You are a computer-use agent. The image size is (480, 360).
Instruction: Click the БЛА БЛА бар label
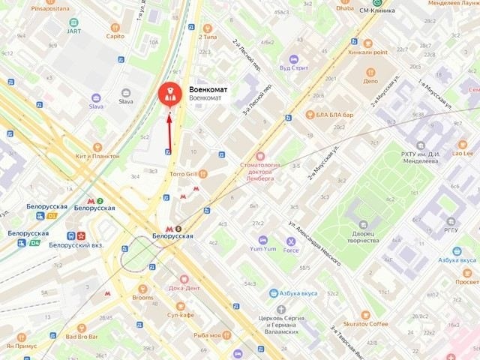[334, 115]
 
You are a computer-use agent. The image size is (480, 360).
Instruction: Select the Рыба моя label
[206, 334]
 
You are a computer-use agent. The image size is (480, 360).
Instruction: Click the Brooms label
[142, 298]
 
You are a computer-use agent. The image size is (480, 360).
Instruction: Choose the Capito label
[115, 36]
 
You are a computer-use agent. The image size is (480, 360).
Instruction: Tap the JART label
[74, 31]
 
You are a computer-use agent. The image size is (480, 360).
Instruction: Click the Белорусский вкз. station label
[75, 244]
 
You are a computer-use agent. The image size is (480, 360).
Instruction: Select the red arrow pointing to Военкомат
[170, 129]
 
